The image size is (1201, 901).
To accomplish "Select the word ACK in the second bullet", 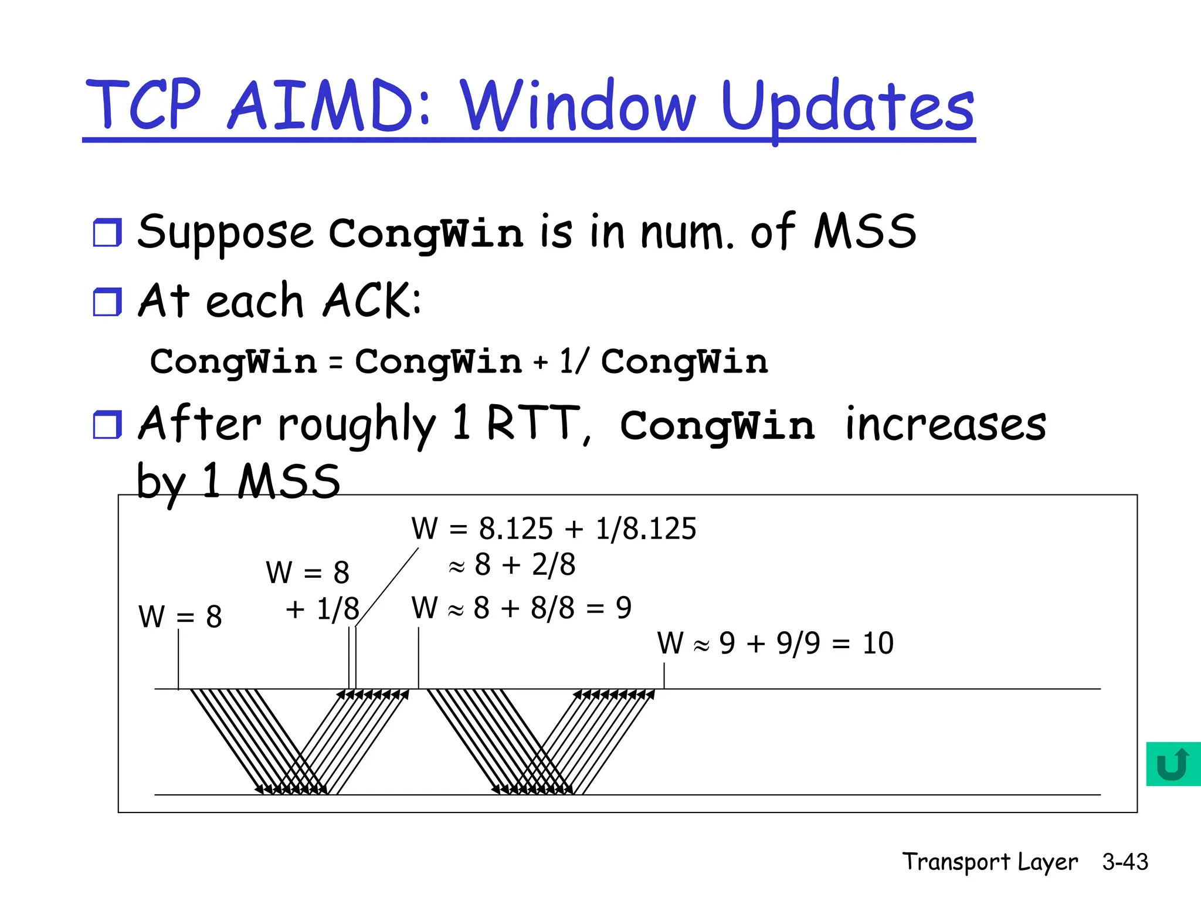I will [367, 300].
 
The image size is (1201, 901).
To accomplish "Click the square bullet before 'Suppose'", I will [107, 232].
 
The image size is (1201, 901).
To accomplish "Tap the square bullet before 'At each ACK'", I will [107, 302].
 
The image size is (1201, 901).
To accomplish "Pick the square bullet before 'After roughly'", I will [107, 424].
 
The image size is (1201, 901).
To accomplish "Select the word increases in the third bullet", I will [945, 425].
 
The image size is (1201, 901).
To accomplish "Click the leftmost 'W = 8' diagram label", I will [180, 617].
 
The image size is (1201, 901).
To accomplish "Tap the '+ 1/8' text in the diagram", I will [322, 608].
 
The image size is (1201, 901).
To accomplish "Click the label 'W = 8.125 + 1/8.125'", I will [554, 528].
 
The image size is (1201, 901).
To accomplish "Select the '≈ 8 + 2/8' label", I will [512, 565].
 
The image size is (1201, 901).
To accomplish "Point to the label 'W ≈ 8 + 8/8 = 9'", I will [521, 608].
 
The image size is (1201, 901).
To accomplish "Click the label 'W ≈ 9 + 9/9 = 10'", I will [775, 643].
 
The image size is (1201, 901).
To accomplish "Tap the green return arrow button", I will [1173, 764].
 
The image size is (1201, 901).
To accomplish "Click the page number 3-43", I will [1125, 862].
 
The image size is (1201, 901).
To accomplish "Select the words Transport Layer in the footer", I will [989, 862].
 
